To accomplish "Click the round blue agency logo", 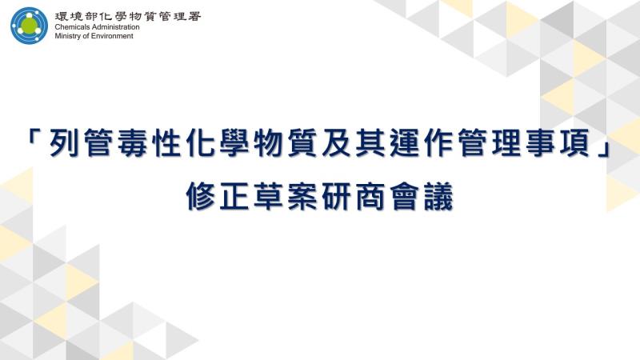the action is (30, 26).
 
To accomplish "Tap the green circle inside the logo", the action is (30, 26).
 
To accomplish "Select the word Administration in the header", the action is (114, 27).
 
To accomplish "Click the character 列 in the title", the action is (64, 143).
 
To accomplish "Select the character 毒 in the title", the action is (132, 143).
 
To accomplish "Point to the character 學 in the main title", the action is (234, 143).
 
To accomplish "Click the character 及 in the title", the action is (336, 143).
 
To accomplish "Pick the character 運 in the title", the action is (404, 143).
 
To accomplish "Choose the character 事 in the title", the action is (540, 143).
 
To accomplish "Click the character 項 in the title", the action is (574, 143).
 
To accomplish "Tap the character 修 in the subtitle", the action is (201, 196).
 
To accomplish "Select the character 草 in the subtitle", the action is (268, 196).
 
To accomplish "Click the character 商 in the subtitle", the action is (370, 196).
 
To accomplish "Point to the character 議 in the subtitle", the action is (438, 196).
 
